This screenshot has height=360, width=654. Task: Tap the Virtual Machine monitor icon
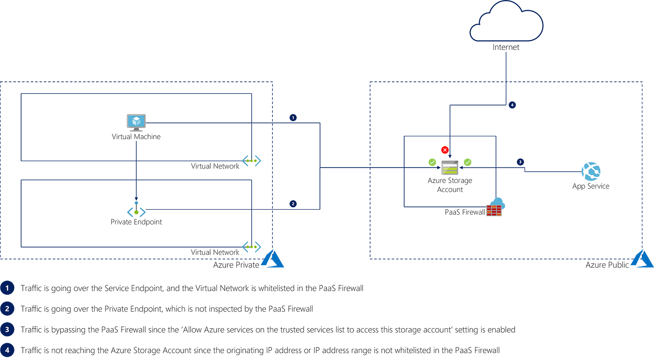(136, 122)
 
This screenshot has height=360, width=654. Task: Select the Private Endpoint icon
(136, 209)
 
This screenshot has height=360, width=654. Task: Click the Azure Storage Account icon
(449, 168)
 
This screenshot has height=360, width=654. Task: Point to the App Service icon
(591, 171)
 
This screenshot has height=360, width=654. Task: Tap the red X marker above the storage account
(445, 150)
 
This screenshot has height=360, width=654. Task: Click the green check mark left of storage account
(432, 162)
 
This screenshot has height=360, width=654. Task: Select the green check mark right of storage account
(468, 162)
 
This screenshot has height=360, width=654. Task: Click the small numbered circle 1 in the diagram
(293, 118)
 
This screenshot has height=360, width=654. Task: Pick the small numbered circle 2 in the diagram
(293, 204)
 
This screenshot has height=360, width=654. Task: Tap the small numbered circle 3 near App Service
(520, 162)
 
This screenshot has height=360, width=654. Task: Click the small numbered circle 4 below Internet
(512, 105)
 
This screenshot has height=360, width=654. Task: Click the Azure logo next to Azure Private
(272, 259)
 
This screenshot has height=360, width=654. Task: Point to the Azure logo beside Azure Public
(642, 259)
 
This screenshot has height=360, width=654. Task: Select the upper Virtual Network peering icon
(252, 161)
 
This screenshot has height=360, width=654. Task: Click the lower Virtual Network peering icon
(252, 247)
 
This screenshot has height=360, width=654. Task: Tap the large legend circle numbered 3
(7, 330)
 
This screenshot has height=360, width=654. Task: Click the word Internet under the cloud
(506, 47)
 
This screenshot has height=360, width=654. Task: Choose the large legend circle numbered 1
(7, 288)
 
